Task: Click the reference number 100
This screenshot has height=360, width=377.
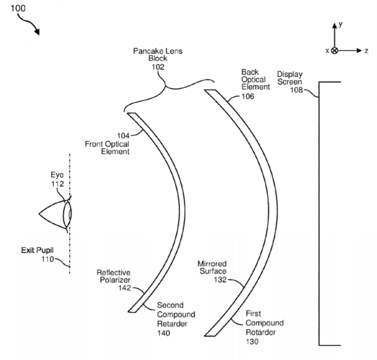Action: pyautogui.click(x=18, y=8)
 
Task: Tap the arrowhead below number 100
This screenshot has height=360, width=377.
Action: pyautogui.click(x=37, y=32)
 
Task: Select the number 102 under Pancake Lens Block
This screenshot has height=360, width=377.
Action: pyautogui.click(x=158, y=67)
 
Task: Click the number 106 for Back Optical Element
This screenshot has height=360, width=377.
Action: pyautogui.click(x=248, y=96)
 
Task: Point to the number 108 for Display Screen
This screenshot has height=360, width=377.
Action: pyautogui.click(x=297, y=90)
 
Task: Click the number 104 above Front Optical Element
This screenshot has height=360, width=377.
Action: pyautogui.click(x=123, y=136)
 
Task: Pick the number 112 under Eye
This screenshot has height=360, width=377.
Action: pyautogui.click(x=57, y=184)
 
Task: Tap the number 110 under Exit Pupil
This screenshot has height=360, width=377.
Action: pyautogui.click(x=48, y=259)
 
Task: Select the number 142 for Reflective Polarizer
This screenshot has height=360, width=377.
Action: pyautogui.click(x=124, y=288)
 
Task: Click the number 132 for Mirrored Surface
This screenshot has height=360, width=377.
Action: pyautogui.click(x=220, y=280)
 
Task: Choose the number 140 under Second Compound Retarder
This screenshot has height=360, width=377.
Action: pyautogui.click(x=163, y=333)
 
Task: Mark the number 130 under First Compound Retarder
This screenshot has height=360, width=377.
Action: pyautogui.click(x=252, y=342)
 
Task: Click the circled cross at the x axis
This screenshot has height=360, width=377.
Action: pyautogui.click(x=334, y=50)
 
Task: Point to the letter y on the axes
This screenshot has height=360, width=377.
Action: pyautogui.click(x=340, y=24)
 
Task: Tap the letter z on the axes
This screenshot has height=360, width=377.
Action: pyautogui.click(x=366, y=51)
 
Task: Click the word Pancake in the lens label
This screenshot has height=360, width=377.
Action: pyautogui.click(x=145, y=51)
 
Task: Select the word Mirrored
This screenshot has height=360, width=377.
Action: pyautogui.click(x=212, y=264)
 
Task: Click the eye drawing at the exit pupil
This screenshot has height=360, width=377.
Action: pyautogui.click(x=55, y=214)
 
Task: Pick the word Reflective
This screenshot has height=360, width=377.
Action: pyautogui.click(x=113, y=273)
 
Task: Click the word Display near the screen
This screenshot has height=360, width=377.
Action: pyautogui.click(x=290, y=74)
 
